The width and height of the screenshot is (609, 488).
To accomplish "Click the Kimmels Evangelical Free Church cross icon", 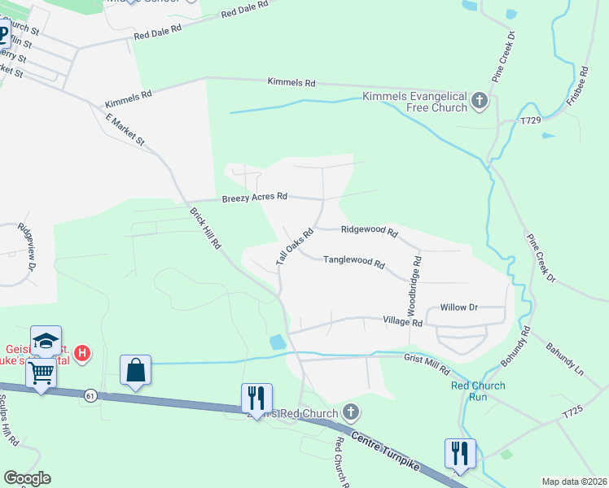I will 480,102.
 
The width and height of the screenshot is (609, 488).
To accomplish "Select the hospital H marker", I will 82,353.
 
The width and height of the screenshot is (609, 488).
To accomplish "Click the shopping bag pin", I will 135,370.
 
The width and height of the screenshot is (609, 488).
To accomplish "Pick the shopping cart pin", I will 40,373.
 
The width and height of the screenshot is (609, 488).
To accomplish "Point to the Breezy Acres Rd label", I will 255,197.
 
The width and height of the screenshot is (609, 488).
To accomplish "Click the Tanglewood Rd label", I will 353,261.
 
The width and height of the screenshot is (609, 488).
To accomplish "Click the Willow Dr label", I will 458,307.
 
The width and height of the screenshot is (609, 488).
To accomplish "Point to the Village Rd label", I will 403,323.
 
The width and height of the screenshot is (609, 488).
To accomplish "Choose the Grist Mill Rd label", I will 427,363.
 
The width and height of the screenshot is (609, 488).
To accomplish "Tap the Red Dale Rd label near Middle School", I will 244,13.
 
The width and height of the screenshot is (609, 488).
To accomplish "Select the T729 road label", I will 531,120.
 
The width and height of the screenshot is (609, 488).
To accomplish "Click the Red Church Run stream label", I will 478,392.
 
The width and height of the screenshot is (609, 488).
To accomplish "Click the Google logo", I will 27,478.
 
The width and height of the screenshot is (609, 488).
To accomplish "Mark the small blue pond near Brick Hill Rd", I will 278,342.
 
